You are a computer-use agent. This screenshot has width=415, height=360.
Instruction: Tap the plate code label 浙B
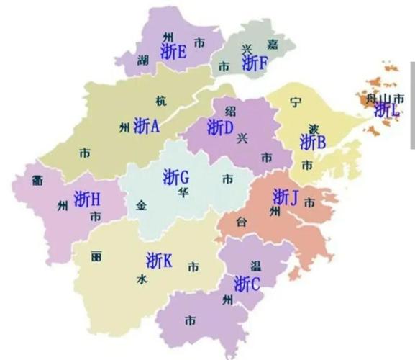click(313, 142)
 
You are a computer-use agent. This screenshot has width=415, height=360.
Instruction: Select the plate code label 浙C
click(247, 284)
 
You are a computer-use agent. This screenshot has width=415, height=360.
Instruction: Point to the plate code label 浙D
click(220, 127)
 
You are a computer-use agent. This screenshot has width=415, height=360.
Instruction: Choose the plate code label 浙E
click(174, 51)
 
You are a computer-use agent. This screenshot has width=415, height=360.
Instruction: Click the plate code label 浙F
click(255, 63)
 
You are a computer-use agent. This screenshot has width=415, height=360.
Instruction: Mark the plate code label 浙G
click(175, 176)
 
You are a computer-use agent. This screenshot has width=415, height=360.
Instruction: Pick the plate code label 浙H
click(87, 198)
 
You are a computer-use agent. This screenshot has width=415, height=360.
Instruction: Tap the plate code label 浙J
click(286, 196)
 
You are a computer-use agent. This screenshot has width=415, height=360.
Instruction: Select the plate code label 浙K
click(159, 260)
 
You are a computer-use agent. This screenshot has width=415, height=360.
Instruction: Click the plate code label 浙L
click(386, 109)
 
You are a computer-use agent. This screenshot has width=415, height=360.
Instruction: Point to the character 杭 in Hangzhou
click(160, 101)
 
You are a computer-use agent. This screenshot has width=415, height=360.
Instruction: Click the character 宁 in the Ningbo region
click(295, 103)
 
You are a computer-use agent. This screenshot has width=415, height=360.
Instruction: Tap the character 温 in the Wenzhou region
click(256, 266)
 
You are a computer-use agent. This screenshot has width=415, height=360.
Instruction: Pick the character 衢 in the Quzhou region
click(37, 180)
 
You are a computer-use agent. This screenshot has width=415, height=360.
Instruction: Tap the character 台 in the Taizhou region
click(242, 222)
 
